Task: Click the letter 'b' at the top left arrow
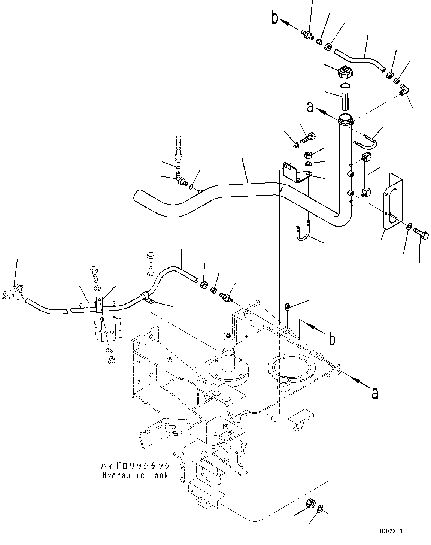[275, 18]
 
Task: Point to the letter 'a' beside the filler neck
[310, 108]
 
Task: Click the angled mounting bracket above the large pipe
[296, 173]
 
